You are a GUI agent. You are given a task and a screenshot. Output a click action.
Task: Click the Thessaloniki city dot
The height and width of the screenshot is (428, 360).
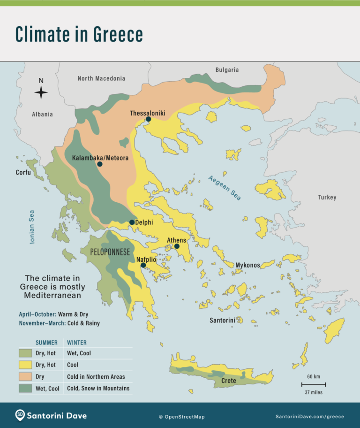coord(148,119)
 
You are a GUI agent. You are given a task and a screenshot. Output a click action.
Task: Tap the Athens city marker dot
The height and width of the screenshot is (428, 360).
coord(177,246)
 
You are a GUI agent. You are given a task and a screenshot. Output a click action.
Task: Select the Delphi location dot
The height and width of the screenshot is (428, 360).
coord(132,222)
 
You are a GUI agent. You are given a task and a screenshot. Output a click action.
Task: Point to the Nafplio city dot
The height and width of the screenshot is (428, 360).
coord(143,265)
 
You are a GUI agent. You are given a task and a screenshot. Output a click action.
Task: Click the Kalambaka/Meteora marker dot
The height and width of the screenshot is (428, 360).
coord(99,164)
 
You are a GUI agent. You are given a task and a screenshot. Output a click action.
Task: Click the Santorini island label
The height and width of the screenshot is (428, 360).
coord(222,321)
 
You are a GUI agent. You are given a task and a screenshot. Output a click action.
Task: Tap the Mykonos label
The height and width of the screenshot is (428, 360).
coord(247,265)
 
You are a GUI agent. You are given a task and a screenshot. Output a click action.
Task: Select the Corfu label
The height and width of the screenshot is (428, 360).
coord(23,172)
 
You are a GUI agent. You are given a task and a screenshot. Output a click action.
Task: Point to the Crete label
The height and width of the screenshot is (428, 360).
coord(229,381)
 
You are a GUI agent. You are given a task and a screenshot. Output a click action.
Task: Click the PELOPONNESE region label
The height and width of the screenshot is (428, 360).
coord(110,252)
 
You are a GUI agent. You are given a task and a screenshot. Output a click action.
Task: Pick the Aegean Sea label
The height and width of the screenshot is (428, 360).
coord(225,188)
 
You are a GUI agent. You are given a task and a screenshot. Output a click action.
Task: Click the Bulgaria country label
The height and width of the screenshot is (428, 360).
coord(227,70)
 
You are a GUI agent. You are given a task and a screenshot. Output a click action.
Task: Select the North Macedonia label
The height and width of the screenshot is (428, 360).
coord(101,78)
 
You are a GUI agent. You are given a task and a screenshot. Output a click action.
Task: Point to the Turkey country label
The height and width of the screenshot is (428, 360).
coord(327,197)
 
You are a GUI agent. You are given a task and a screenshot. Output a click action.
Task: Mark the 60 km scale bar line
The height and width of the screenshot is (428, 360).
coord(314,384)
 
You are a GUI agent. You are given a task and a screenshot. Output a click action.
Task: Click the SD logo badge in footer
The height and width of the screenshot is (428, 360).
coord(20,415)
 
